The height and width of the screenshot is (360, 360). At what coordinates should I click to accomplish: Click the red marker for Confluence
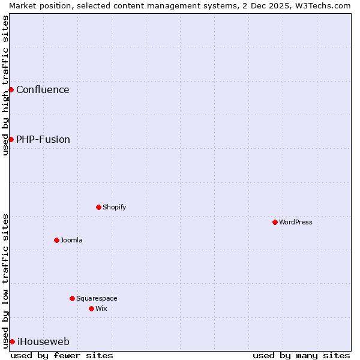pyautogui.click(x=11, y=89)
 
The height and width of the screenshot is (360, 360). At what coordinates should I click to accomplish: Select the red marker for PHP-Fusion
pyautogui.click(x=11, y=139)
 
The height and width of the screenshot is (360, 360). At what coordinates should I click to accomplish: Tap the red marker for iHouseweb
pyautogui.click(x=12, y=341)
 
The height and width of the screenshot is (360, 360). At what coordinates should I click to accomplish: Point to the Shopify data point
pyautogui.click(x=98, y=207)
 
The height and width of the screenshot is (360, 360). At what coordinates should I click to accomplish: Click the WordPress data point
pyautogui.click(x=275, y=222)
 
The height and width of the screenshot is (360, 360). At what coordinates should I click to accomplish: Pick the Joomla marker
pyautogui.click(x=56, y=240)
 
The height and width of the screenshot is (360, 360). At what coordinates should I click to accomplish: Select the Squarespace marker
pyautogui.click(x=72, y=298)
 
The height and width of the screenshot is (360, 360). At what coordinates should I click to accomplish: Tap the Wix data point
pyautogui.click(x=91, y=308)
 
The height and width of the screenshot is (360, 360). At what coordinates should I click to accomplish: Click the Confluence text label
pyautogui.click(x=43, y=90)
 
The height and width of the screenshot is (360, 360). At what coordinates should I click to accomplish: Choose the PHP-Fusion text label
pyautogui.click(x=43, y=140)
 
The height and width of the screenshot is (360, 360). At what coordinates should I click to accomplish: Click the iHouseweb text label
pyautogui.click(x=43, y=342)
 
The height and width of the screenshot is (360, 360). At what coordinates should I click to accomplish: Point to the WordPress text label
pyautogui.click(x=296, y=222)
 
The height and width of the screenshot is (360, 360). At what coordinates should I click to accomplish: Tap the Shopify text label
pyautogui.click(x=115, y=207)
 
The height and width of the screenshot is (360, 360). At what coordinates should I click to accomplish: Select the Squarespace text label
pyautogui.click(x=97, y=298)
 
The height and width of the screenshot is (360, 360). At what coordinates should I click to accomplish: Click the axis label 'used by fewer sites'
pyautogui.click(x=62, y=355)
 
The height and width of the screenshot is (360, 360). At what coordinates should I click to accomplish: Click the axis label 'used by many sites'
pyautogui.click(x=301, y=355)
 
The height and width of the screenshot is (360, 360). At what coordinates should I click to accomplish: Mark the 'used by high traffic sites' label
pyautogui.click(x=5, y=85)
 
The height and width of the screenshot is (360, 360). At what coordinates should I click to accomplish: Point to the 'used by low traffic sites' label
pyautogui.click(x=5, y=281)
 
